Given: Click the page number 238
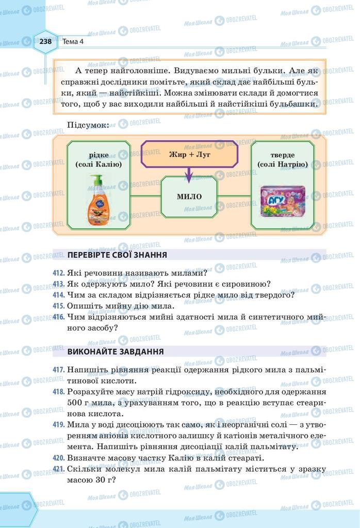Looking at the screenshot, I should [x=45, y=42].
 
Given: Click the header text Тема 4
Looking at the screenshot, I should [x=73, y=42].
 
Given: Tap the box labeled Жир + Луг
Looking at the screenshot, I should [x=190, y=154].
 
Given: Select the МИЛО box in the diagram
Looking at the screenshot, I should [x=189, y=196].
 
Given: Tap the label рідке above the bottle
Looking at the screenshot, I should [x=98, y=155].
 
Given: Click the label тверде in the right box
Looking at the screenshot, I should [x=282, y=155].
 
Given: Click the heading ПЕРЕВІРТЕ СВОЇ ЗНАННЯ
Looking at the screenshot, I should [x=117, y=255].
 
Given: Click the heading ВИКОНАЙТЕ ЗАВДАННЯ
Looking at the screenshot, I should [x=116, y=352].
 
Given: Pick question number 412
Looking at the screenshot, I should [x=58, y=273].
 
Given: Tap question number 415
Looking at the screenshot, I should [x=58, y=306].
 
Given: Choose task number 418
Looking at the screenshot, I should [x=58, y=392].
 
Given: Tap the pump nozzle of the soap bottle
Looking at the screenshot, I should [x=93, y=177].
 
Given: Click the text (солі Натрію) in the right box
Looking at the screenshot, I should [x=282, y=164].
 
